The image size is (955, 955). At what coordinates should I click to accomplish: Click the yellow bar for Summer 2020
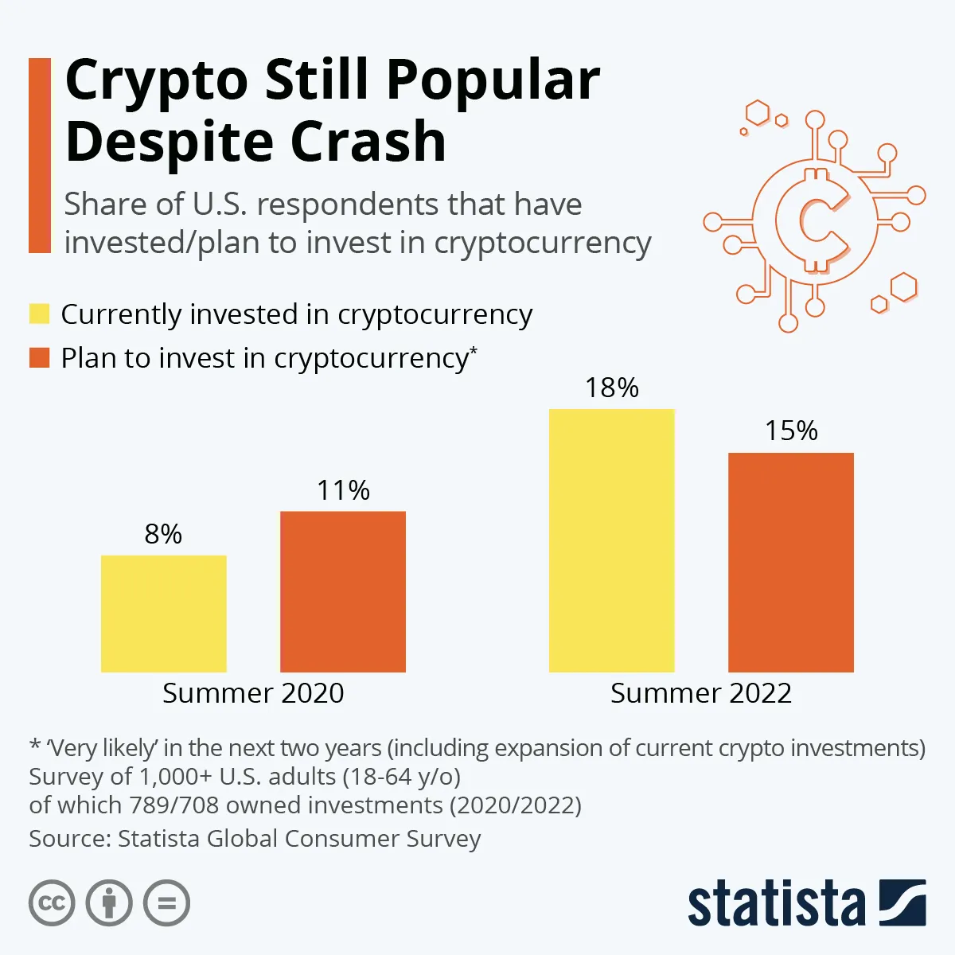point(163,614)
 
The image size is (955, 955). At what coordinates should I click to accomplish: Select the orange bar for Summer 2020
point(343,591)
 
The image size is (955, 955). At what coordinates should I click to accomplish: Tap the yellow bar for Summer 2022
point(611,540)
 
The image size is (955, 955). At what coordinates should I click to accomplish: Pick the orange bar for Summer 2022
point(791,562)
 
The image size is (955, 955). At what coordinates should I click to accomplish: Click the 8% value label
point(163,534)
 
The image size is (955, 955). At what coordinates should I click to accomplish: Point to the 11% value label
point(343,490)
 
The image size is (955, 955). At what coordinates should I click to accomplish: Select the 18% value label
point(611,388)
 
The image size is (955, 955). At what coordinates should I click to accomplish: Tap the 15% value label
point(791,431)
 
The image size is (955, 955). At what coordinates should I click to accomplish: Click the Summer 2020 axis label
point(253,693)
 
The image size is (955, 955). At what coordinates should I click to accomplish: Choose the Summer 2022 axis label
point(701,693)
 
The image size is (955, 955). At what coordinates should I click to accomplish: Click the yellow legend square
point(39,314)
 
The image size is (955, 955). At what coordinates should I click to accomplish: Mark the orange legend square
point(39,357)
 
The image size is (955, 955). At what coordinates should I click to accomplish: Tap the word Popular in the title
point(493,80)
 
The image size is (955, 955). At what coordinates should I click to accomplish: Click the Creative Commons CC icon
point(52,903)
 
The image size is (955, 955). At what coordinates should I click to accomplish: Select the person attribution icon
point(109,903)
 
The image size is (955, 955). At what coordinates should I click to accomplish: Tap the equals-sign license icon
point(166,903)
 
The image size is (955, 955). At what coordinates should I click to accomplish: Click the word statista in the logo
point(776,905)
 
